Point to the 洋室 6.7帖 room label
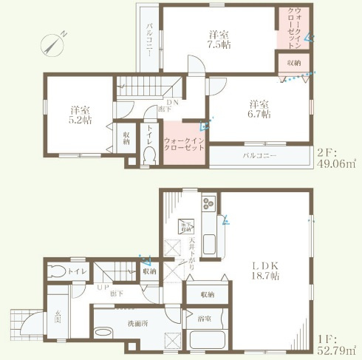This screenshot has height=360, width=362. (259, 109)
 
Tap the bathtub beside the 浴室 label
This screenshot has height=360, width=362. (212, 342)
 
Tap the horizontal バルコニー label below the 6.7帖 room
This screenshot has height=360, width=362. (259, 157)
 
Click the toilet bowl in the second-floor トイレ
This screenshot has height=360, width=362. (148, 154)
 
